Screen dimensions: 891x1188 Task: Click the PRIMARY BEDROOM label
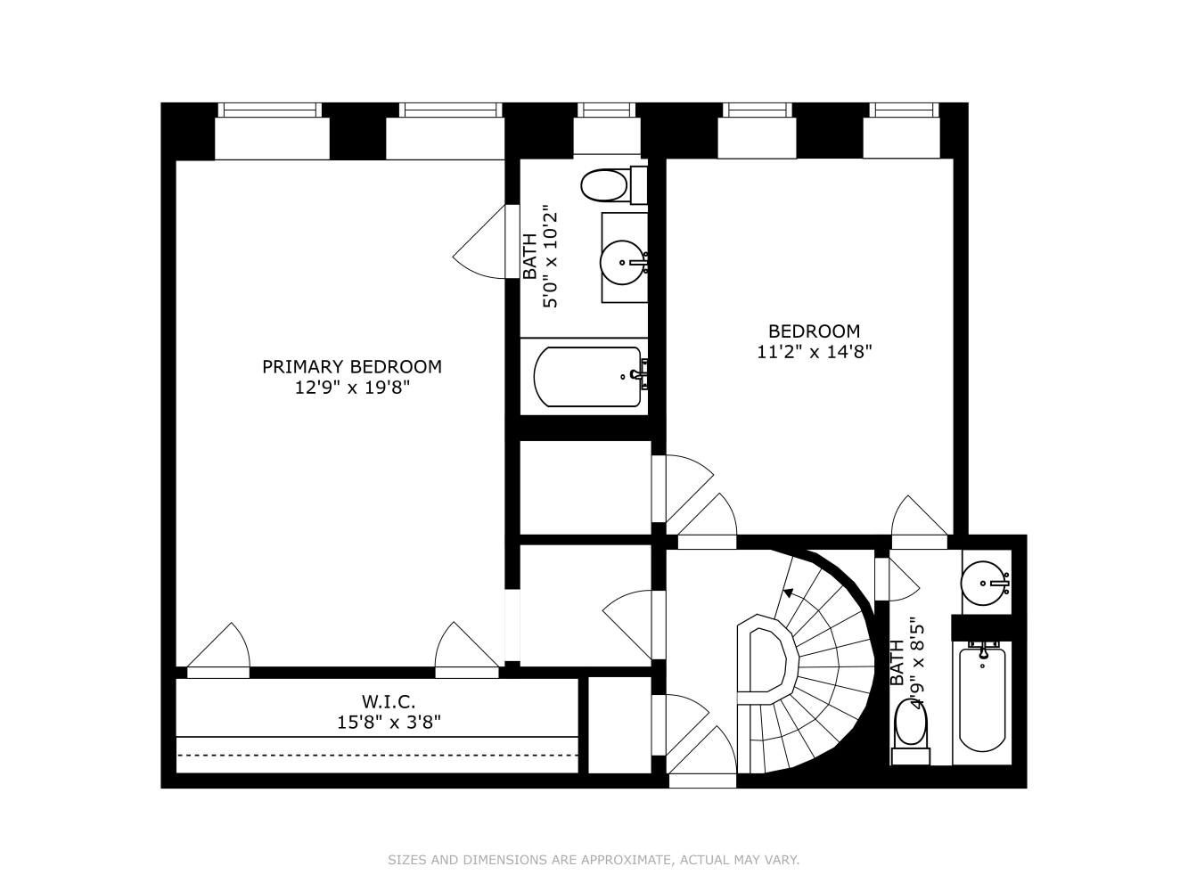pos(351,366)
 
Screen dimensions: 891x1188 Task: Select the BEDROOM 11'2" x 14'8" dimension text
pos(814,352)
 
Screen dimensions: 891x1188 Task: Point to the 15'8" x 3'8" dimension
pos(388,722)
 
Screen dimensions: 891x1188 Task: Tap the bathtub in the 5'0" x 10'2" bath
pos(588,377)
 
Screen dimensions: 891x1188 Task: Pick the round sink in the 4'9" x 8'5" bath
pos(985,583)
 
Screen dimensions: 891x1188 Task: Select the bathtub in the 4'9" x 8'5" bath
pos(982,700)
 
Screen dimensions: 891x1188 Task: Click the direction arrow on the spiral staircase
pos(788,593)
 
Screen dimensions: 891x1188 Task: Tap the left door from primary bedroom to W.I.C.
pos(219,649)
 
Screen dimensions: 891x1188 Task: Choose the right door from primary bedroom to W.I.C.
pos(467,649)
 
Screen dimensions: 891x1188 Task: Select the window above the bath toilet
pos(606,110)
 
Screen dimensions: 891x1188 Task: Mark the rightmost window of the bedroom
pos(904,110)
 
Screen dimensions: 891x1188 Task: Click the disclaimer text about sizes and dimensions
pos(594,860)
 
